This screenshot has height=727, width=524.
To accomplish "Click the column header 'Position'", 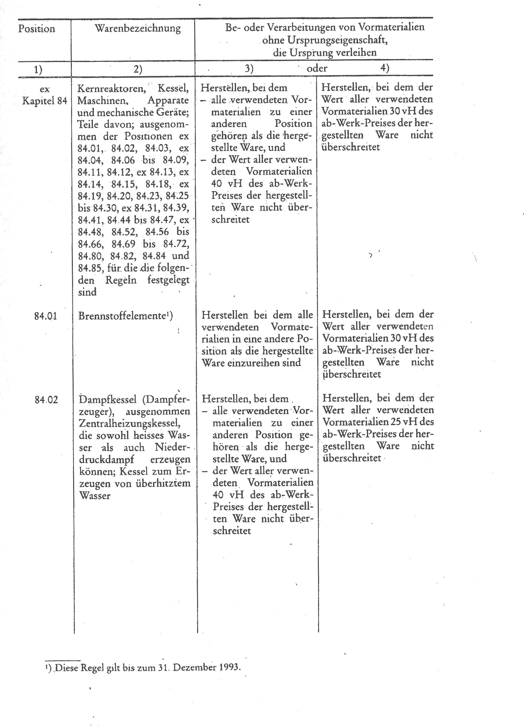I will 36,29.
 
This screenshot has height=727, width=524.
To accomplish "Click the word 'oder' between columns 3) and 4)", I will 317,68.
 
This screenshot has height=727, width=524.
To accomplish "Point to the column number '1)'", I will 38,69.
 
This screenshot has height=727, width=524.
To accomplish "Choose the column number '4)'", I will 385,68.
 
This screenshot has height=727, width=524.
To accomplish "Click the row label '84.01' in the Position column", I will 46,316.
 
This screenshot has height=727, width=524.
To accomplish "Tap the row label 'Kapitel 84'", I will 45,101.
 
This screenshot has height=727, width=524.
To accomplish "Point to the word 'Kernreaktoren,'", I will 112,89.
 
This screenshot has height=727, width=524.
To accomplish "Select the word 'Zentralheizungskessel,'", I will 129,423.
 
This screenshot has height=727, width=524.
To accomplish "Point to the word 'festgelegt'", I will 168,280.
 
